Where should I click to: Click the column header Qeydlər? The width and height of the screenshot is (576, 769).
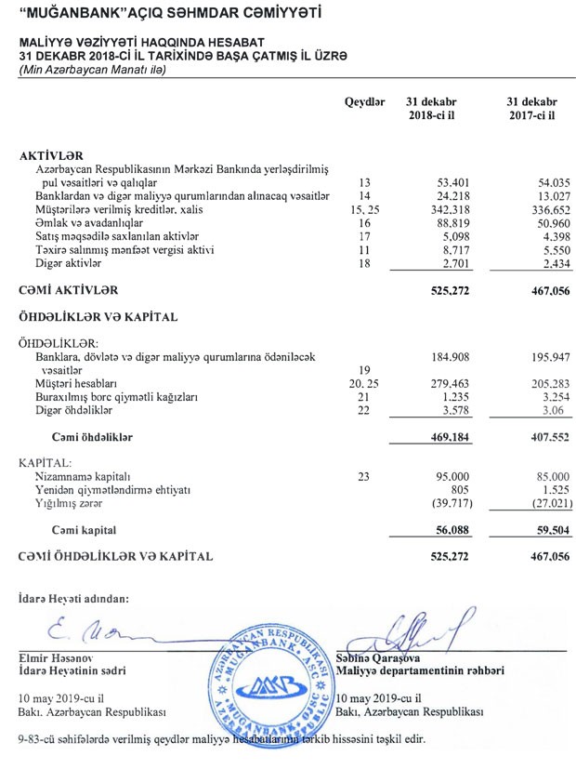[x=364, y=100]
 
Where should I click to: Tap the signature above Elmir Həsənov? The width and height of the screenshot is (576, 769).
[x=88, y=634]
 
